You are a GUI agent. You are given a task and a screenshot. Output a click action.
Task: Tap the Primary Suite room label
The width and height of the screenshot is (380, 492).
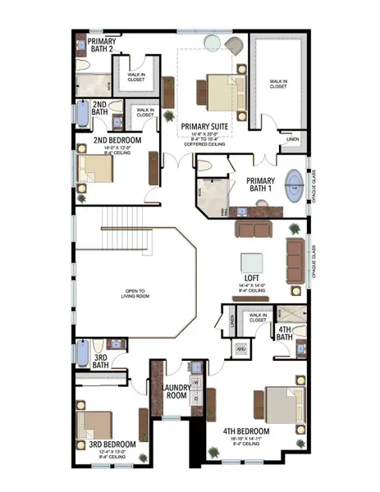(x=208, y=127)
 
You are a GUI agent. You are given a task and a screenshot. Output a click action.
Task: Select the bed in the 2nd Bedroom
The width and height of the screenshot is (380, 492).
(x=95, y=169)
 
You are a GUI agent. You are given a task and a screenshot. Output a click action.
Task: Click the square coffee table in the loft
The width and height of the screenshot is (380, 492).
(x=250, y=259)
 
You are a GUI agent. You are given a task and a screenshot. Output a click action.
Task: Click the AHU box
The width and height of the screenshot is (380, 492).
(x=241, y=348)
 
